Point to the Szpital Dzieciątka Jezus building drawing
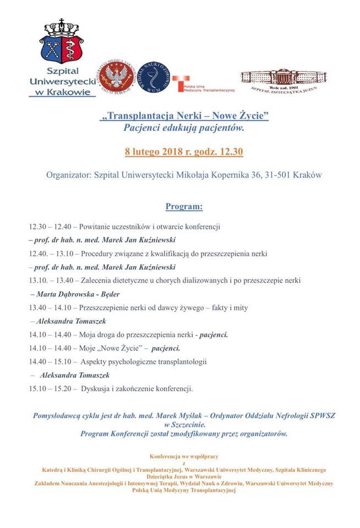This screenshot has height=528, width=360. click(282, 78)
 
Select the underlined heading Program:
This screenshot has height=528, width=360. click(184, 207)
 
